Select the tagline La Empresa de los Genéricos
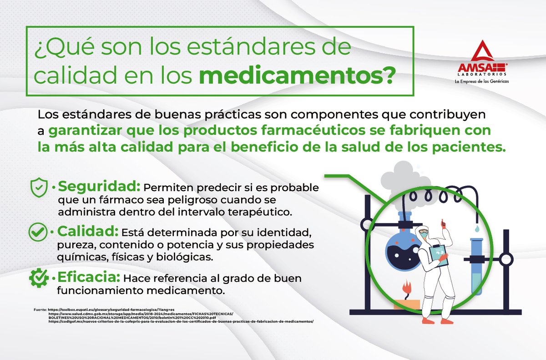(482, 81)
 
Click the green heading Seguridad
(99, 187)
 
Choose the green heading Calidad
(88, 231)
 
